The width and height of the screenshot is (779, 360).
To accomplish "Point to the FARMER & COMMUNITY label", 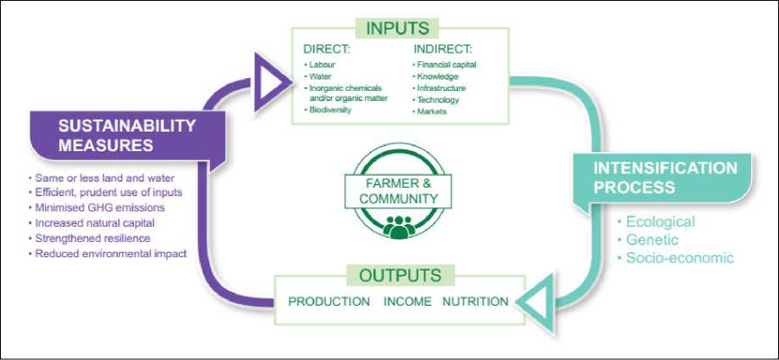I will tap(398, 191).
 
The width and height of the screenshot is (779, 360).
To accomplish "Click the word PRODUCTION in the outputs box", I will tap(329, 301).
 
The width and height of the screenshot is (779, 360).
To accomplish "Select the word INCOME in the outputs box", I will tap(406, 301).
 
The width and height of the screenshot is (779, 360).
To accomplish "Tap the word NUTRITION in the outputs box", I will tap(475, 301).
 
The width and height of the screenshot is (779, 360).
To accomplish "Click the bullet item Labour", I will tap(322, 65).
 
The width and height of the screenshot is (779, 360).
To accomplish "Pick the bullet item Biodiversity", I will tap(330, 110).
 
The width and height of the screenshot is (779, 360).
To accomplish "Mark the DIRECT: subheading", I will tap(326, 49).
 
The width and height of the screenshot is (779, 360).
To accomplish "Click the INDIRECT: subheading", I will tap(441, 49).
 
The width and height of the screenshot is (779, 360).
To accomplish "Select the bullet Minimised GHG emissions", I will tap(99, 207).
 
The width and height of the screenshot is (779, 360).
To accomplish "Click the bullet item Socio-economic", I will tap(675, 258).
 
